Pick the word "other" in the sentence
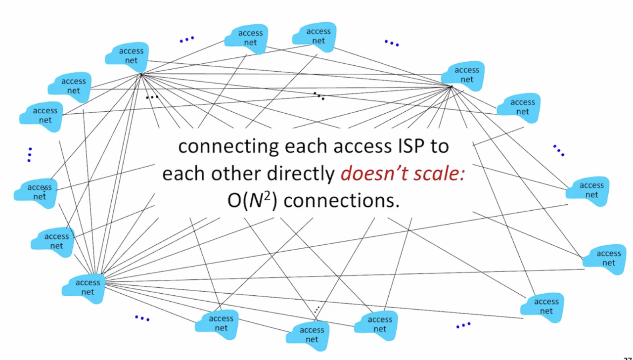pyautogui.click(x=237, y=174)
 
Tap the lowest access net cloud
pyautogui.click(x=312, y=334)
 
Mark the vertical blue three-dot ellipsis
pyautogui.click(x=30, y=154)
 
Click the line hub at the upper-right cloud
pyautogui.click(x=451, y=87)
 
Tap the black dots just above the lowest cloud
pyautogui.click(x=316, y=310)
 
